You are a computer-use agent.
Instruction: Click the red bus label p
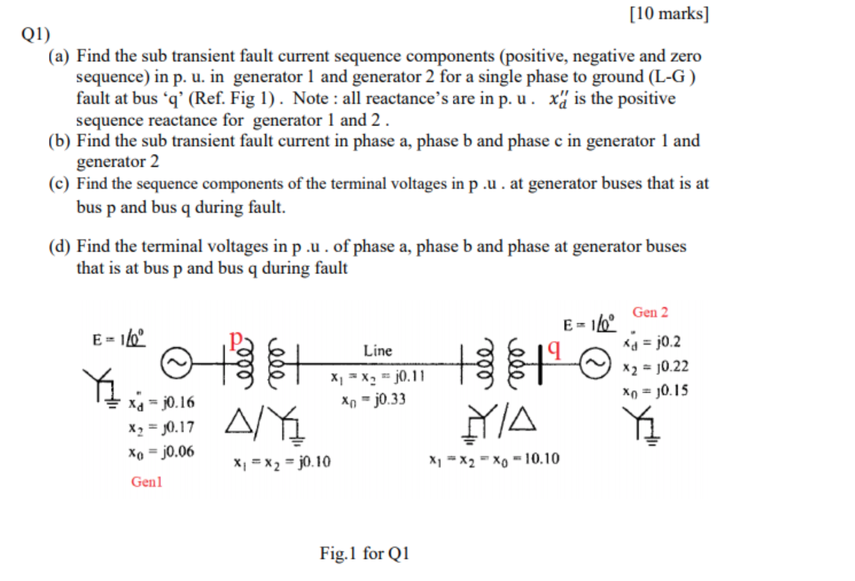click(238, 339)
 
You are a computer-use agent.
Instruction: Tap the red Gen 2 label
click(650, 312)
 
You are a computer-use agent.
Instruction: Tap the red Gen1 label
click(147, 482)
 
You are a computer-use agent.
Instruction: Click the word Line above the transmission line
click(378, 351)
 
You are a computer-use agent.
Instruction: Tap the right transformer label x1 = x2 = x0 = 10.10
click(494, 459)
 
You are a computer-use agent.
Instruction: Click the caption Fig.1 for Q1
click(365, 553)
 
